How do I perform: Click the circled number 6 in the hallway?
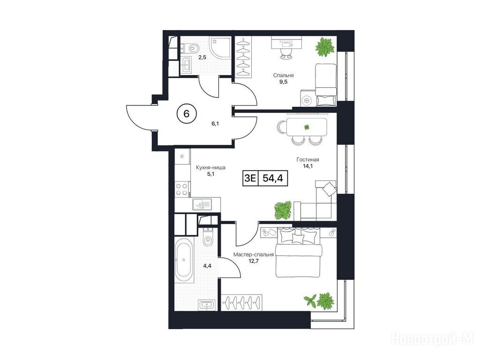(187, 113)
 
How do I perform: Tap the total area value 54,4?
(272, 178)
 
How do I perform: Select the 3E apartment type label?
(250, 178)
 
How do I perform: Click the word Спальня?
(284, 75)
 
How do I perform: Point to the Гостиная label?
(307, 159)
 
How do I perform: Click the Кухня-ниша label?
(210, 167)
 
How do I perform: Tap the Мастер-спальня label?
(254, 255)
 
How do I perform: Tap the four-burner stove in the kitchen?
(182, 189)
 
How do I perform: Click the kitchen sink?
(202, 204)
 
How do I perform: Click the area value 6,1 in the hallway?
(216, 124)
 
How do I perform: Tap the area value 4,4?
(207, 266)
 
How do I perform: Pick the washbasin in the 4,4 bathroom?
(207, 305)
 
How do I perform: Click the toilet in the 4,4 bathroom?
(208, 237)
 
